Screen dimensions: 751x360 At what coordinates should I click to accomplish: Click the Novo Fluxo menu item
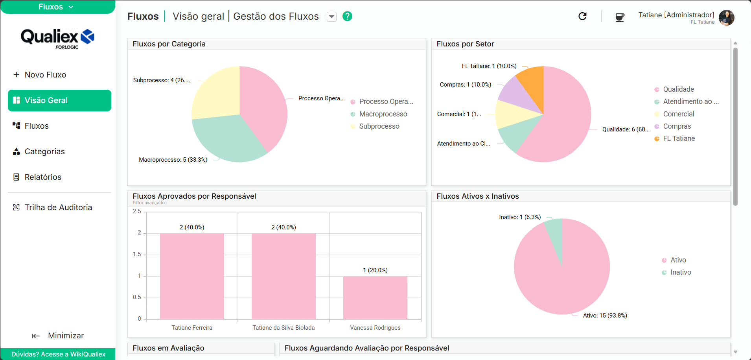(40, 75)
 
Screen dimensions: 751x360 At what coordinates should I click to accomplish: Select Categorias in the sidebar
(39, 151)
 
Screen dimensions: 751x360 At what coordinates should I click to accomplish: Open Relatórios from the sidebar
(37, 177)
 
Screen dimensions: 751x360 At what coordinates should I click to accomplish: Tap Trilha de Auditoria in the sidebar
(53, 207)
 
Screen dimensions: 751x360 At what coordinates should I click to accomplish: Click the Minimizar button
(58, 336)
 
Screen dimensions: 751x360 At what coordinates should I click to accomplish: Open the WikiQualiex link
(88, 354)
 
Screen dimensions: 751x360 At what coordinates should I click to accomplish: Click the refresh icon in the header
(582, 16)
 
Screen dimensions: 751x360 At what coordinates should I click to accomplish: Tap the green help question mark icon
(347, 16)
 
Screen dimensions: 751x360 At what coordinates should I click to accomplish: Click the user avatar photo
(726, 18)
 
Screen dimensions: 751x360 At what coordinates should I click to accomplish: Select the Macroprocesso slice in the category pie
(226, 140)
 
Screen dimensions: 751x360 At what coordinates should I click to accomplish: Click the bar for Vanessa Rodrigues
(375, 297)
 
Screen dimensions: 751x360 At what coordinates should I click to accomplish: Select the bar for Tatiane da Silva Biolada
(283, 276)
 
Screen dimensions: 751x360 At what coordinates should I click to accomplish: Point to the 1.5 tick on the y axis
(137, 254)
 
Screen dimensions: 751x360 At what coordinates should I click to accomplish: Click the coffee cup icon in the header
(620, 17)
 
